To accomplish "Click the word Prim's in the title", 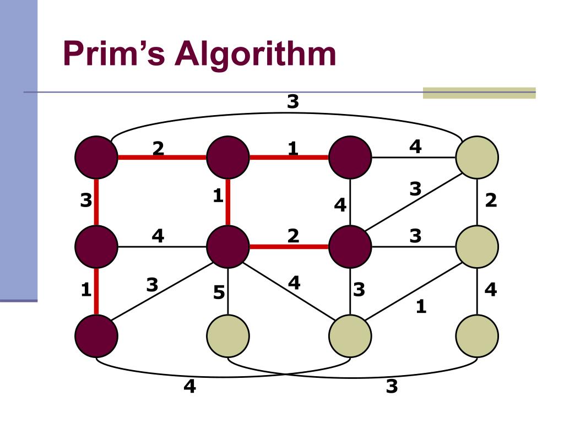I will coord(114,55).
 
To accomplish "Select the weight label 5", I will coord(219,293).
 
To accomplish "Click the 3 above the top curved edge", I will coord(292,101).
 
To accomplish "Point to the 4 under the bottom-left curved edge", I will coord(189,387).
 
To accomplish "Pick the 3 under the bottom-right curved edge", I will coord(392,387).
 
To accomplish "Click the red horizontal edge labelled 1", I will coord(289,157).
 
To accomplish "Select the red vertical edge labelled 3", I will coord(96,201).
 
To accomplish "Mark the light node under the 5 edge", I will coord(228,335).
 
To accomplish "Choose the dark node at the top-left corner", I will coord(96,157).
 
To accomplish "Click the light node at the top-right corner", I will coord(477,157).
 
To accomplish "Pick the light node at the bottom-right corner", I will coord(477,335).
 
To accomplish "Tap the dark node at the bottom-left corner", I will coord(96,335).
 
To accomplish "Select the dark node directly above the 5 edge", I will coord(228,246).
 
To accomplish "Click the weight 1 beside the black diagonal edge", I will coord(421,306).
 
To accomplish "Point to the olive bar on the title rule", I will coord(479,93).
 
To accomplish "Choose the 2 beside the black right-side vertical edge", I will coord(491,201).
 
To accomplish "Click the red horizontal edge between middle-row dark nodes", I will coord(289,246).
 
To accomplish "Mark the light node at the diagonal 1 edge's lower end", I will coord(350,335).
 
